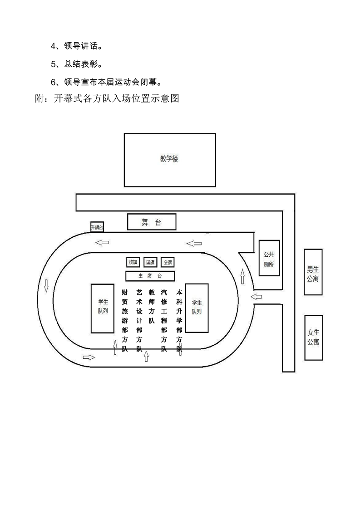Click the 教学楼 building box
pyautogui.click(x=170, y=160)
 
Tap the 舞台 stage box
pyautogui.click(x=152, y=222)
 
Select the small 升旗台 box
pyautogui.click(x=97, y=227)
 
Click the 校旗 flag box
pyautogui.click(x=133, y=262)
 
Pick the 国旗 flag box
pyautogui.click(x=150, y=262)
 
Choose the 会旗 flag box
pyautogui.click(x=168, y=262)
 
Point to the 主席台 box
pyautogui.click(x=150, y=275)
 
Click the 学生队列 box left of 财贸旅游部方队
pyautogui.click(x=103, y=308)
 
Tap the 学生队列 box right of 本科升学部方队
pyautogui.click(x=197, y=308)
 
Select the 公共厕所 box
pyautogui.click(x=269, y=258)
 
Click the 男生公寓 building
pyautogui.click(x=313, y=272)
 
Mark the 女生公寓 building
pyautogui.click(x=313, y=338)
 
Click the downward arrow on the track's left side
pyautogui.click(x=46, y=286)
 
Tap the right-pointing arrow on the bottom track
pyautogui.click(x=89, y=357)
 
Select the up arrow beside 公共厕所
pyautogui.click(x=242, y=275)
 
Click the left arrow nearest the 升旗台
pyautogui.click(x=102, y=242)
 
